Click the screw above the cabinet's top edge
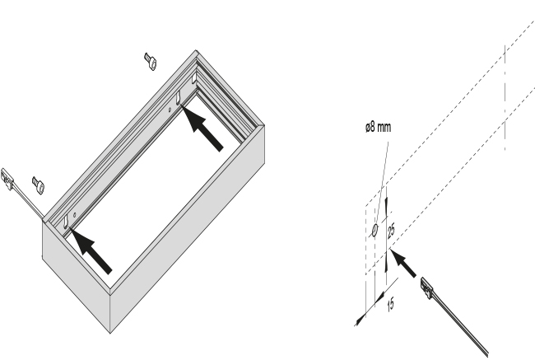pos(151,62)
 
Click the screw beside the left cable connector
pos(38,185)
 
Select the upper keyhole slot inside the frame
pos(179,98)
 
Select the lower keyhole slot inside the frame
pos(66,222)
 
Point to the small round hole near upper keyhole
pos(170,110)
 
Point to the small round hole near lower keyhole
pos(75,215)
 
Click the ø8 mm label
pos(378,128)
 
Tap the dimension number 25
pos(391,230)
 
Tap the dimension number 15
pos(391,304)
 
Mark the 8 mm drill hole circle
pos(374,230)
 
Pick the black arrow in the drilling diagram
pos(403,264)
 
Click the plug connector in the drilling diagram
pos(426,288)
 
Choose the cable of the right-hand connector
pos(460,325)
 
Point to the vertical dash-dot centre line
pos(505,97)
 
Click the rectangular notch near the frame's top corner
pos(193,78)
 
